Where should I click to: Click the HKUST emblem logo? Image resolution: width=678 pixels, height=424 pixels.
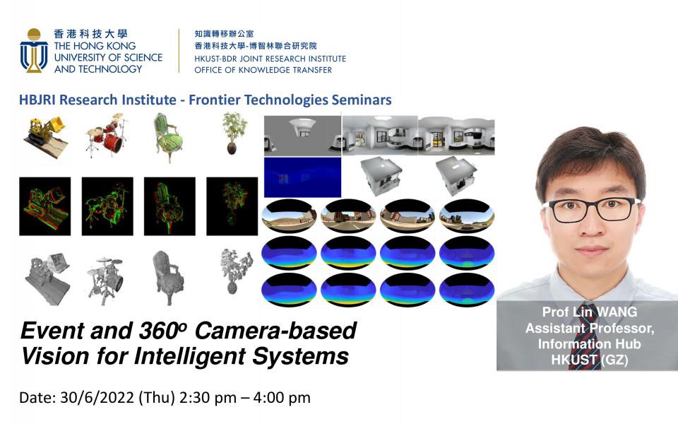click(34, 51)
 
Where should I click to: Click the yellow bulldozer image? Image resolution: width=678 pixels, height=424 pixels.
click(45, 136)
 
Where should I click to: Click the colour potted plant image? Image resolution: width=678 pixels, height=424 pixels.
click(234, 133)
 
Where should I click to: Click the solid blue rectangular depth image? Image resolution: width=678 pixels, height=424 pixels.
click(302, 177)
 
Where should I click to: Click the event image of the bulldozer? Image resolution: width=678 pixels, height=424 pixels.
click(45, 206)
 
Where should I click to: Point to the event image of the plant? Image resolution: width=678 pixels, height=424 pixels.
click(232, 206)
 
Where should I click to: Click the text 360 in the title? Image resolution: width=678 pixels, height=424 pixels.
click(162, 331)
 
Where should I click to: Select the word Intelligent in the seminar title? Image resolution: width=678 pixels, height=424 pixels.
click(190, 356)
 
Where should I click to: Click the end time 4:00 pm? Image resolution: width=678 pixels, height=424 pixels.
click(282, 398)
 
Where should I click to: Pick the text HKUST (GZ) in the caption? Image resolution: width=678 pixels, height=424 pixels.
click(589, 360)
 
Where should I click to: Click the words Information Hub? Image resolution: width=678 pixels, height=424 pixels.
click(589, 344)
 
